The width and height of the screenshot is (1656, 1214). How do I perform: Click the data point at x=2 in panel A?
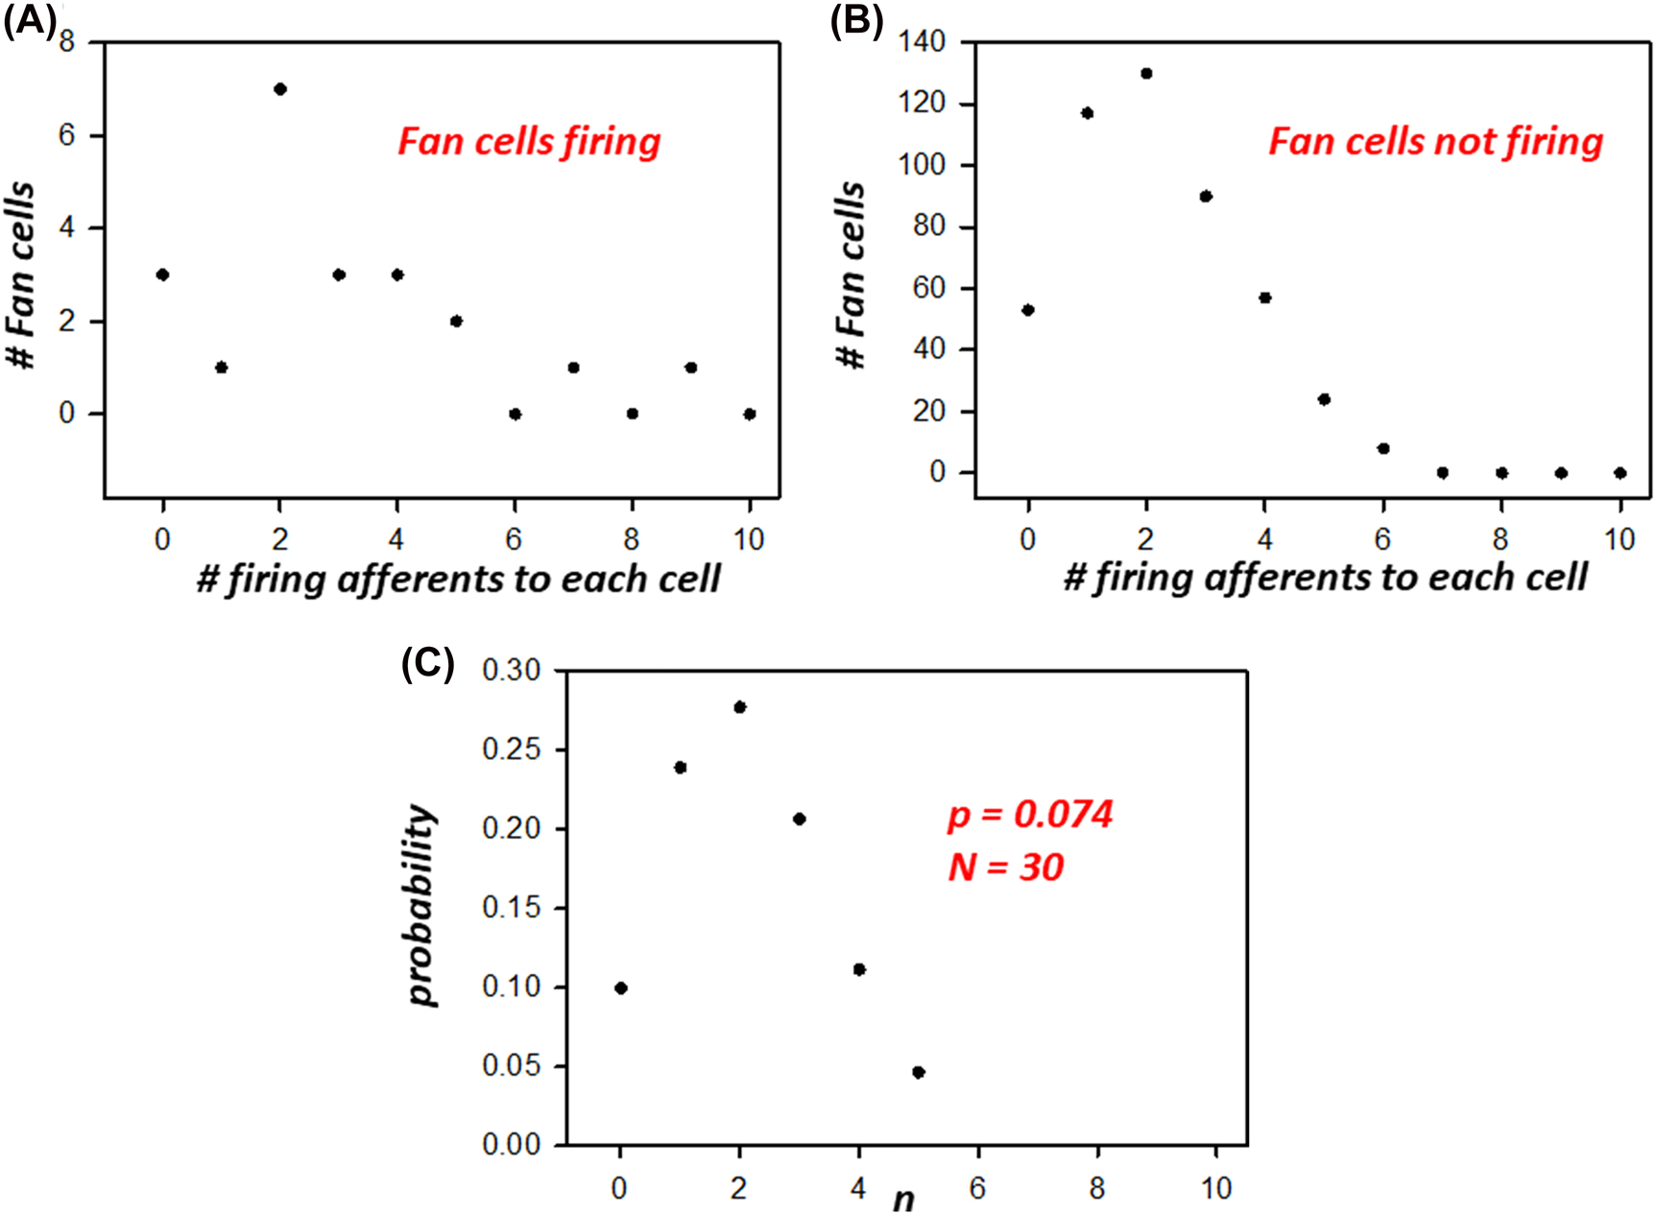tap(280, 89)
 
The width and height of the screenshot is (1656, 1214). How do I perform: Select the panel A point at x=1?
tap(222, 368)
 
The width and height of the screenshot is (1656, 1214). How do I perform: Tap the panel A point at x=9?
tap(691, 368)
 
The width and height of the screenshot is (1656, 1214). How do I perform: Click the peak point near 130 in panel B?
tap(1146, 74)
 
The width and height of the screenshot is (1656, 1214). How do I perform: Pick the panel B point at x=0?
tap(1028, 310)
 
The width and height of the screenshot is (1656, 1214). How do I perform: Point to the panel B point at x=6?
tap(1383, 448)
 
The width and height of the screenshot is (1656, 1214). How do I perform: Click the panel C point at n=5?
tap(919, 1072)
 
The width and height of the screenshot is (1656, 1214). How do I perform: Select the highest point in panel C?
tap(740, 707)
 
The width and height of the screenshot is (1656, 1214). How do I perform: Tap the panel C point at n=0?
tap(621, 988)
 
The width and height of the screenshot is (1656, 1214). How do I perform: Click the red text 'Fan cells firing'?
tap(529, 142)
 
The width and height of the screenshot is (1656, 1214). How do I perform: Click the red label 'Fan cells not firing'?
tap(1435, 142)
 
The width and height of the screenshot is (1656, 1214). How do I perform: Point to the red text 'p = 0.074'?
tap(1030, 815)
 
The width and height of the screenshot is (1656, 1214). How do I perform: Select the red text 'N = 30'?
tap(1005, 868)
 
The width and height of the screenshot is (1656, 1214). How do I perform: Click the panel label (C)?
tap(427, 662)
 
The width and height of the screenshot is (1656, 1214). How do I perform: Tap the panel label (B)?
tap(856, 20)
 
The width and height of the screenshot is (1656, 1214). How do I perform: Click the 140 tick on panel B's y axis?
tap(922, 41)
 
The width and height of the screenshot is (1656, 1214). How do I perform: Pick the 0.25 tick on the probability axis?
tap(512, 749)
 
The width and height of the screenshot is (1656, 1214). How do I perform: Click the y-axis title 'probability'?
tap(422, 905)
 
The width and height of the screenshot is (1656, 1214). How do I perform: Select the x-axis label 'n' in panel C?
tap(903, 1199)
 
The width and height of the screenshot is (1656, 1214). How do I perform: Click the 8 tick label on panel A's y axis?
tap(66, 41)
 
